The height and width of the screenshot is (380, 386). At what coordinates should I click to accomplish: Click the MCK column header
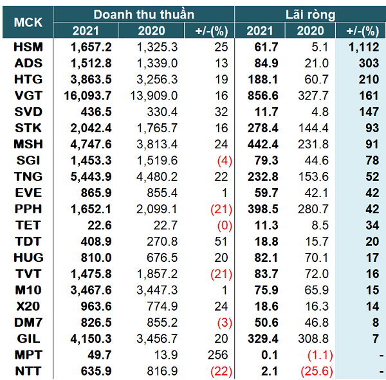coord(28,22)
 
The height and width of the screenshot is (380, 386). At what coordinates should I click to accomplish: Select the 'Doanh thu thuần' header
coord(143,14)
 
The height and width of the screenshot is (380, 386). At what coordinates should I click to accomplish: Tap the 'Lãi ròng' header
coord(310,14)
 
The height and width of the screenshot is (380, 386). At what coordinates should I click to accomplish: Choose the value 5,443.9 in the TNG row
coord(91,177)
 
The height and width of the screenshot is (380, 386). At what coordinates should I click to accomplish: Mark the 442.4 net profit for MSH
coord(264,144)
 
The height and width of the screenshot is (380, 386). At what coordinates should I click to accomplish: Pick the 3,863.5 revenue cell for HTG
coord(91,79)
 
